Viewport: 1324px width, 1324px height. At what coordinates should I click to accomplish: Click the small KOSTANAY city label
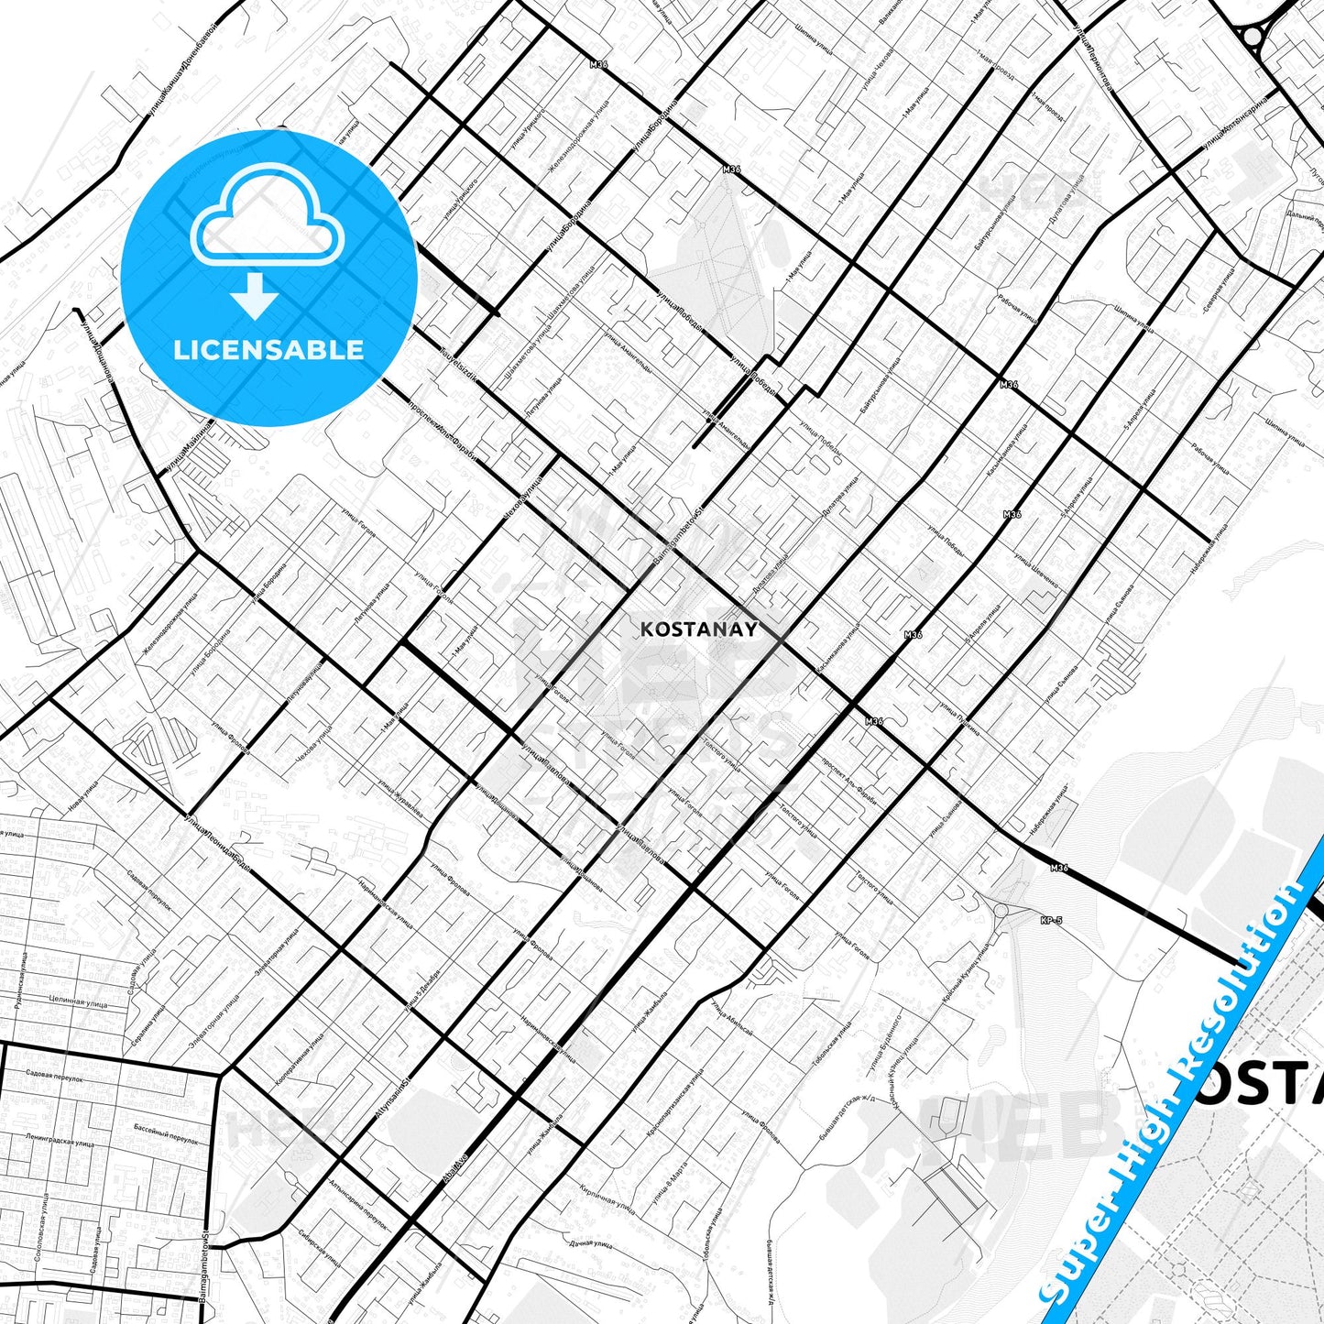point(699,629)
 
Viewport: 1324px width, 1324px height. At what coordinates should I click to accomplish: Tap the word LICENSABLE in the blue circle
point(268,349)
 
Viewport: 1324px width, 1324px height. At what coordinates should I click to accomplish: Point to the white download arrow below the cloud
point(255,295)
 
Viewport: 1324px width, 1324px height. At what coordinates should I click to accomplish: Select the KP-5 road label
point(1051,920)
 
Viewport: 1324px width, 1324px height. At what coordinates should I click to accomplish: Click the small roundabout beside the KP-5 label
point(1001,911)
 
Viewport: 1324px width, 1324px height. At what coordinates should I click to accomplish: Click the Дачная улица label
point(590,1244)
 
